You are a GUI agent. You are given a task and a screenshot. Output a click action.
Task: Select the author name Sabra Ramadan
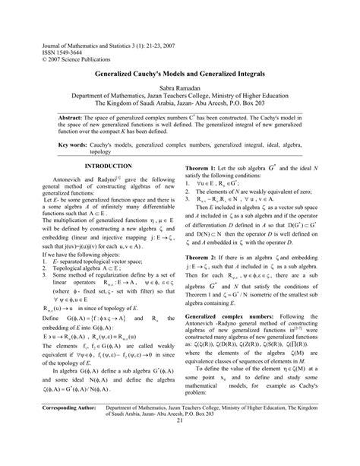coord(179,90)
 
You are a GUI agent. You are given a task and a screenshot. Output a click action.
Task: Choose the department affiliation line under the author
coord(179,99)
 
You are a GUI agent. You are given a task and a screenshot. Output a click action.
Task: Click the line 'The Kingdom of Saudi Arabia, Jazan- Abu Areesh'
coord(179,106)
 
